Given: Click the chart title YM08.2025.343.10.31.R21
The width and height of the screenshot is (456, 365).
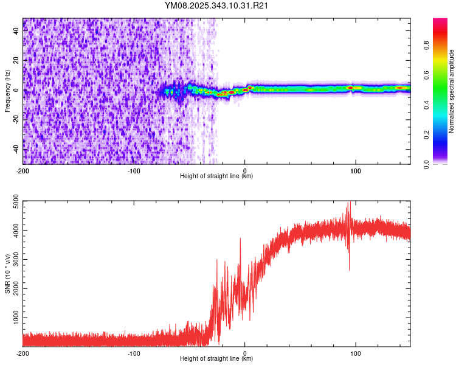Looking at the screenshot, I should (217, 6).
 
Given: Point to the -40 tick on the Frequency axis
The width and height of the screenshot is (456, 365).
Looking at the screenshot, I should (15, 148).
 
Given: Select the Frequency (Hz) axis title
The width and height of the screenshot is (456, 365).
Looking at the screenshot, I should (7, 91).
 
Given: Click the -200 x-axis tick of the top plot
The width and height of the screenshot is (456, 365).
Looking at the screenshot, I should (23, 170).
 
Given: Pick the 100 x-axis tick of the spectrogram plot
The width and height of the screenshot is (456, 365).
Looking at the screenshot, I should (356, 170).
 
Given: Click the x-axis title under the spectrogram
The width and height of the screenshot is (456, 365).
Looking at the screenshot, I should (216, 176).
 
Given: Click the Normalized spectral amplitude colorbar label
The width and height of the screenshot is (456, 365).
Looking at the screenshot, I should (452, 91).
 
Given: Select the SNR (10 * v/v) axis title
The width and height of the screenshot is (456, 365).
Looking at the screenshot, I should (7, 274).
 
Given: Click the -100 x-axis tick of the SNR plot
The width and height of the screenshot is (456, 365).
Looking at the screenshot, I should (134, 353).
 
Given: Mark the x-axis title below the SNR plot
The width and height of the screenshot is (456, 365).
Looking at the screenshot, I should (216, 359).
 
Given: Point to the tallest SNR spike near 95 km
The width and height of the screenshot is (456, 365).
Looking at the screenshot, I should (349, 203).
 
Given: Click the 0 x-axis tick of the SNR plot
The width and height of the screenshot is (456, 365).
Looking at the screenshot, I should (245, 353).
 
